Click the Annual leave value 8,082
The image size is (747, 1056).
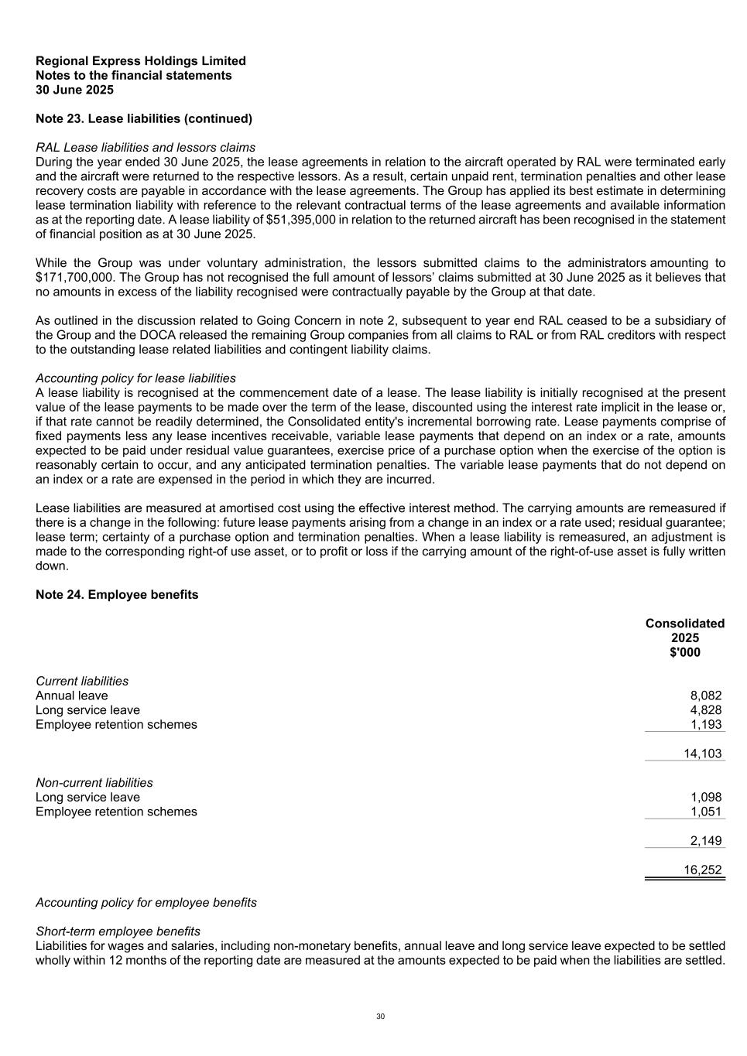[x=705, y=695]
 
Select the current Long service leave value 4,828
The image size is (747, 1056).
[x=705, y=710]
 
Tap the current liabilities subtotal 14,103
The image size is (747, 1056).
[x=703, y=754]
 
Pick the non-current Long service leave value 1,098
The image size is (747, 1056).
[x=705, y=797]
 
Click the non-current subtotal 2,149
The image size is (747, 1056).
[x=705, y=841]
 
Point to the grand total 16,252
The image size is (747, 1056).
[x=703, y=870]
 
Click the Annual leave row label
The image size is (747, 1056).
[x=72, y=695]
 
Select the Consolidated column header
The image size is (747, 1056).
[x=685, y=624]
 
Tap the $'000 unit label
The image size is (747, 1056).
[x=685, y=652]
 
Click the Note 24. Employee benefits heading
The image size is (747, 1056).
[x=117, y=595]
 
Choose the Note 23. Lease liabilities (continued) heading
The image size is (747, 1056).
[x=144, y=119]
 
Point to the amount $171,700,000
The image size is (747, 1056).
[x=77, y=278]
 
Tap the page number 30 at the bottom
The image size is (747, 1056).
[x=380, y=1017]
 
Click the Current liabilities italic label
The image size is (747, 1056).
[x=82, y=682]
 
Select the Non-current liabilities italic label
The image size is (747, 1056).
[x=94, y=783]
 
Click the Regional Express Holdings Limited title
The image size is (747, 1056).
[x=141, y=61]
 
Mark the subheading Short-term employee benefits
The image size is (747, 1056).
[x=118, y=931]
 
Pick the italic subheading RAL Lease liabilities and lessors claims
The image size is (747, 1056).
[x=146, y=148]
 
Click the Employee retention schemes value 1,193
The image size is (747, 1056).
[x=705, y=725]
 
